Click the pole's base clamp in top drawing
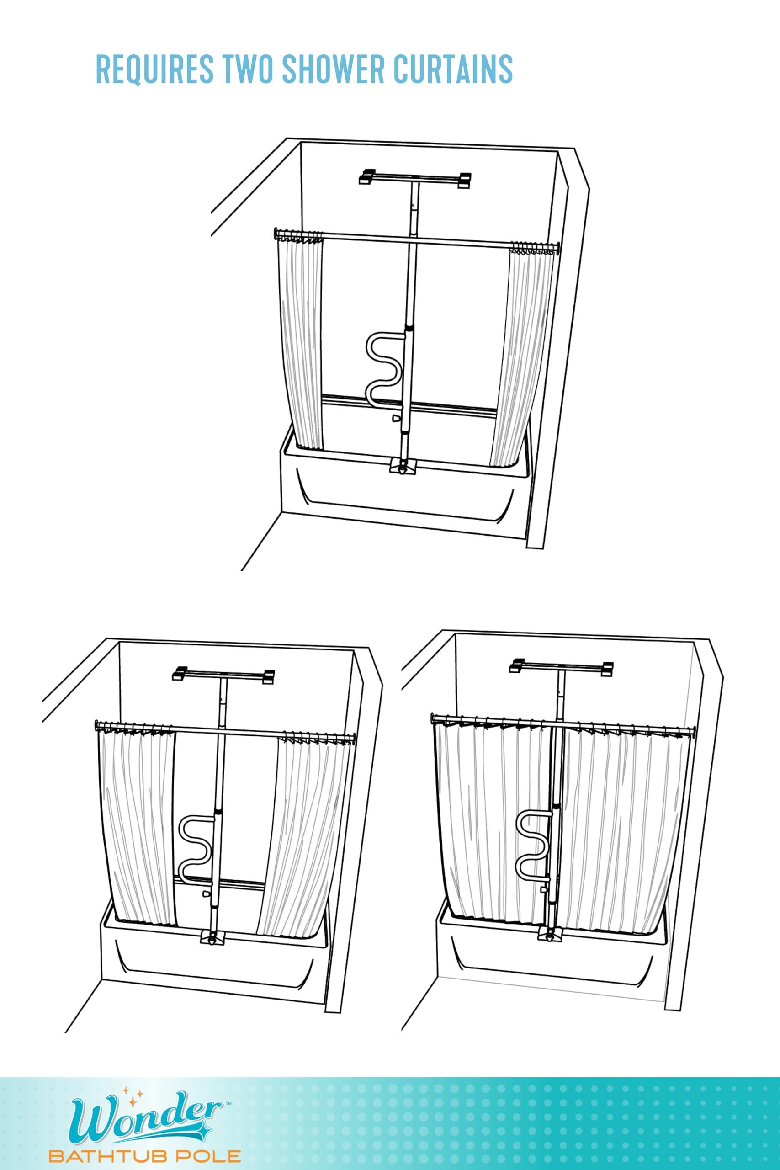click(x=403, y=466)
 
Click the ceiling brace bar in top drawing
click(x=415, y=178)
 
